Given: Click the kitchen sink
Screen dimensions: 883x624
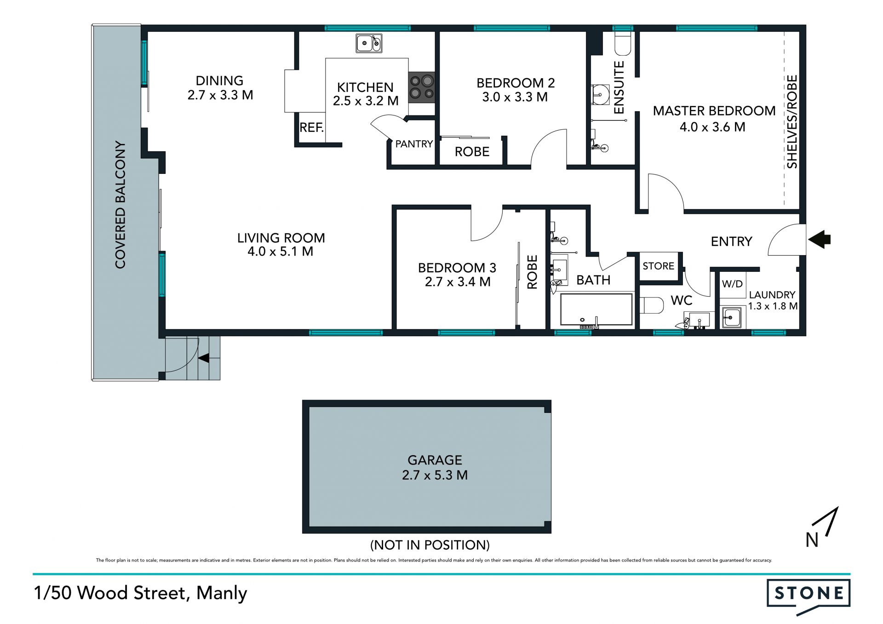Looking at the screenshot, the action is click(369, 43).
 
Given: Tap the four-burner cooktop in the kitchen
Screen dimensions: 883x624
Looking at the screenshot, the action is click(422, 87).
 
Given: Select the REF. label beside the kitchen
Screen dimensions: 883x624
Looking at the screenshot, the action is click(312, 127).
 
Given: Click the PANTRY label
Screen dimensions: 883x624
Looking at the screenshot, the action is click(414, 144).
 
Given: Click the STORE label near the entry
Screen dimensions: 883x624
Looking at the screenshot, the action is click(658, 266).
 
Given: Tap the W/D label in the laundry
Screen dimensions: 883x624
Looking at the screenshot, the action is click(732, 284).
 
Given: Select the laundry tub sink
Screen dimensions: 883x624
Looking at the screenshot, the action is click(731, 317).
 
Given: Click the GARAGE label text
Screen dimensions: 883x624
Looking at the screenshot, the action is click(435, 460).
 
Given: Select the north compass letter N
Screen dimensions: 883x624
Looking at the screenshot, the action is click(812, 540).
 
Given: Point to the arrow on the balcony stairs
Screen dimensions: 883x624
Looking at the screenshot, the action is click(204, 358).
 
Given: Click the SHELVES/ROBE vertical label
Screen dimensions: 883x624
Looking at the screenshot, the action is click(791, 122).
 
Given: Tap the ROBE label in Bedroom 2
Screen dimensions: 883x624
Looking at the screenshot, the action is click(472, 152).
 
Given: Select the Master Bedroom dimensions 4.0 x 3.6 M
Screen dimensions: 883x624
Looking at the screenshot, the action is click(712, 127).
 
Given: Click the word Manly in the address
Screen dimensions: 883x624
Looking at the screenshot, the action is click(222, 594).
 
